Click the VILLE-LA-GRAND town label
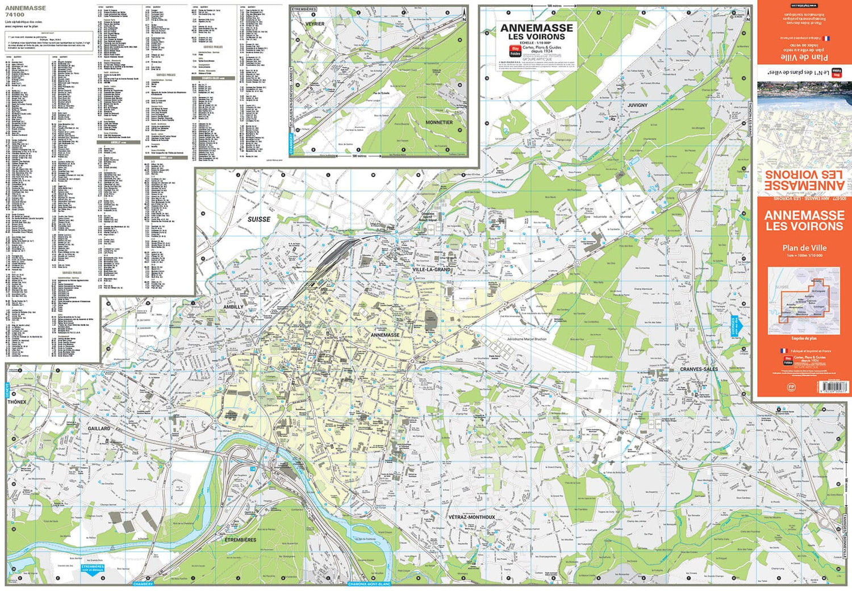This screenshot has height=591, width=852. tap(431, 269)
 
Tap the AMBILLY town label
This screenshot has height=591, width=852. tap(233, 307)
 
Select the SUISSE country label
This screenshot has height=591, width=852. tap(259, 219)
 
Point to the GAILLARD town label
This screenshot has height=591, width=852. tap(99, 428)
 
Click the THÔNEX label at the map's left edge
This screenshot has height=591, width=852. tap(17, 402)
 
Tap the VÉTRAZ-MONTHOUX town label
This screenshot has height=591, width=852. tap(471, 517)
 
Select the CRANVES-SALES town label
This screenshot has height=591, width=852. tap(699, 369)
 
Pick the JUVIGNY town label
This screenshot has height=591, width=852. tap(637, 105)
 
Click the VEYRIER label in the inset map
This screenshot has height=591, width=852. tap(315, 24)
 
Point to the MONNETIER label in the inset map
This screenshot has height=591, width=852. tap(439, 122)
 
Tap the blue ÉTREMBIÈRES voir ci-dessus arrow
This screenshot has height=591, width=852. tap(93, 569)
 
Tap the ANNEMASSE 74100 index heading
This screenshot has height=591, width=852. tap(25, 11)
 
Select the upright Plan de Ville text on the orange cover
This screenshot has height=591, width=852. tap(804, 248)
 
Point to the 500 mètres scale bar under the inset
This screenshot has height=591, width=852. tap(359, 156)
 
